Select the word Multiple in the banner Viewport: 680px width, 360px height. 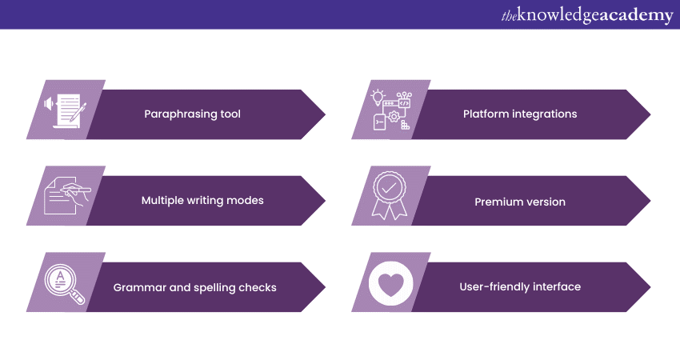click(162, 201)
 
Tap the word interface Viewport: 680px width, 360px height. click(558, 286)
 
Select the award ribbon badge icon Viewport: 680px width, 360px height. click(390, 194)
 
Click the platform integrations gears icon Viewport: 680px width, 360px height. click(390, 110)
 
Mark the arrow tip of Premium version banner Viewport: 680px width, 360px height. click(647, 201)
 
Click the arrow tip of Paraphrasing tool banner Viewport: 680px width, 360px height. click(322, 114)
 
